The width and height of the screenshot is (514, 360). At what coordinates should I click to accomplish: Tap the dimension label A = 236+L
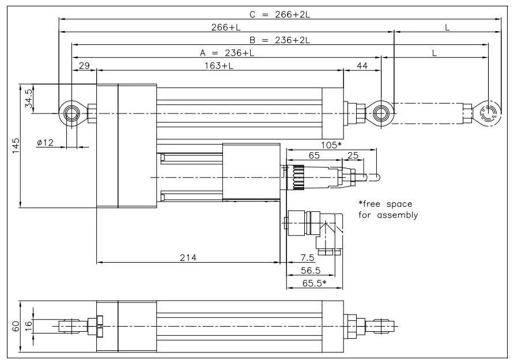point(227,52)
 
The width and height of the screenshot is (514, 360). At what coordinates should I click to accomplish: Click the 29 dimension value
point(84,66)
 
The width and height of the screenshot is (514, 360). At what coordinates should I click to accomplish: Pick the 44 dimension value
point(362,66)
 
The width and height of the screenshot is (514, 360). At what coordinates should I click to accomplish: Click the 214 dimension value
point(188,258)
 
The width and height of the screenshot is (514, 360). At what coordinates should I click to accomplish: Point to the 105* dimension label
point(328,145)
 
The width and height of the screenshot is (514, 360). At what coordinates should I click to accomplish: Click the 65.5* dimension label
point(314,283)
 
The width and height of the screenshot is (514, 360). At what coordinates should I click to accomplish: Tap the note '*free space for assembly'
point(387,210)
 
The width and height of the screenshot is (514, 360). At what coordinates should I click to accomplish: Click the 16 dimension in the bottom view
point(28,326)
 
